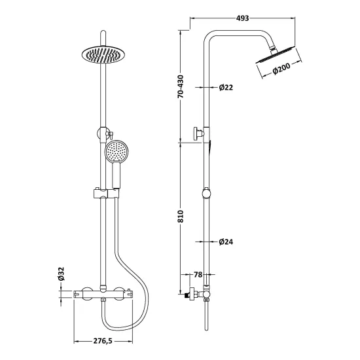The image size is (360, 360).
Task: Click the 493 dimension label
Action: point(242,18)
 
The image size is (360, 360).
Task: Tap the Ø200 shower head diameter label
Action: point(281,68)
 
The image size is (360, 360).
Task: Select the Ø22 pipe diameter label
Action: point(226,87)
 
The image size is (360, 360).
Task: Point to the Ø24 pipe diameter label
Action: point(226,242)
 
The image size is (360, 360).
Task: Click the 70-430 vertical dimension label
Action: point(181,86)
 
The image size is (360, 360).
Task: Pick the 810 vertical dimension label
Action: point(181,216)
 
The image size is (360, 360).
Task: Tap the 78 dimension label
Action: point(198,274)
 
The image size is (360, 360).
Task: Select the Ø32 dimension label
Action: point(61,274)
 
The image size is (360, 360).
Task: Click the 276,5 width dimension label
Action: point(103,341)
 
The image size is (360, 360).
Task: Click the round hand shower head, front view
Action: point(117,152)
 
